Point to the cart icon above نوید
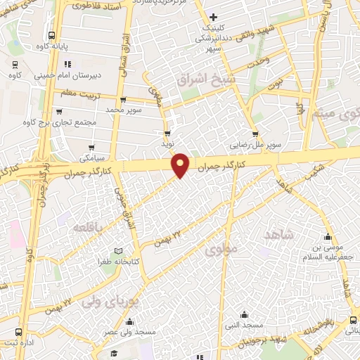pos(167,132)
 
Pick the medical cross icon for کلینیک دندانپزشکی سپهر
pos(213,17)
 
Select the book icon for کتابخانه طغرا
pos(118,252)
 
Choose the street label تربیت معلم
pos(77,93)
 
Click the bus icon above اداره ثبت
pos(18,332)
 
